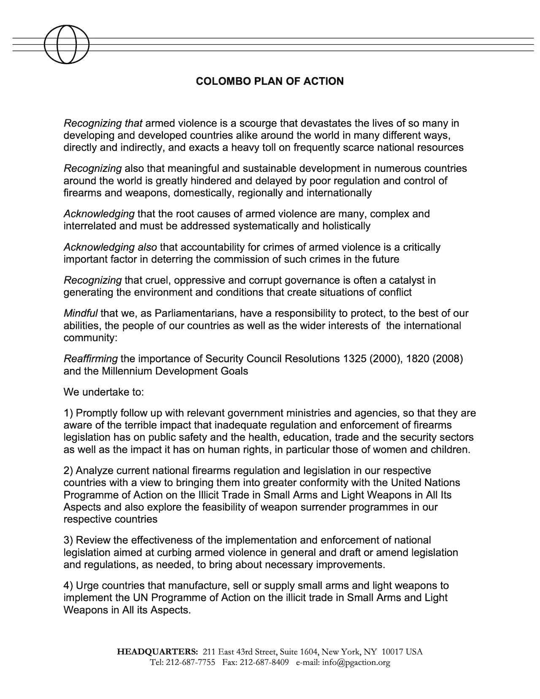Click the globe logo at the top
point(66,44)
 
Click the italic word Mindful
point(81,314)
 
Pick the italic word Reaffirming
point(91,359)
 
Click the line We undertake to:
point(104,392)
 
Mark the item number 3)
point(68,540)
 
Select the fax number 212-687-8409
point(264,662)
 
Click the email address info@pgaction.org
point(356,662)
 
